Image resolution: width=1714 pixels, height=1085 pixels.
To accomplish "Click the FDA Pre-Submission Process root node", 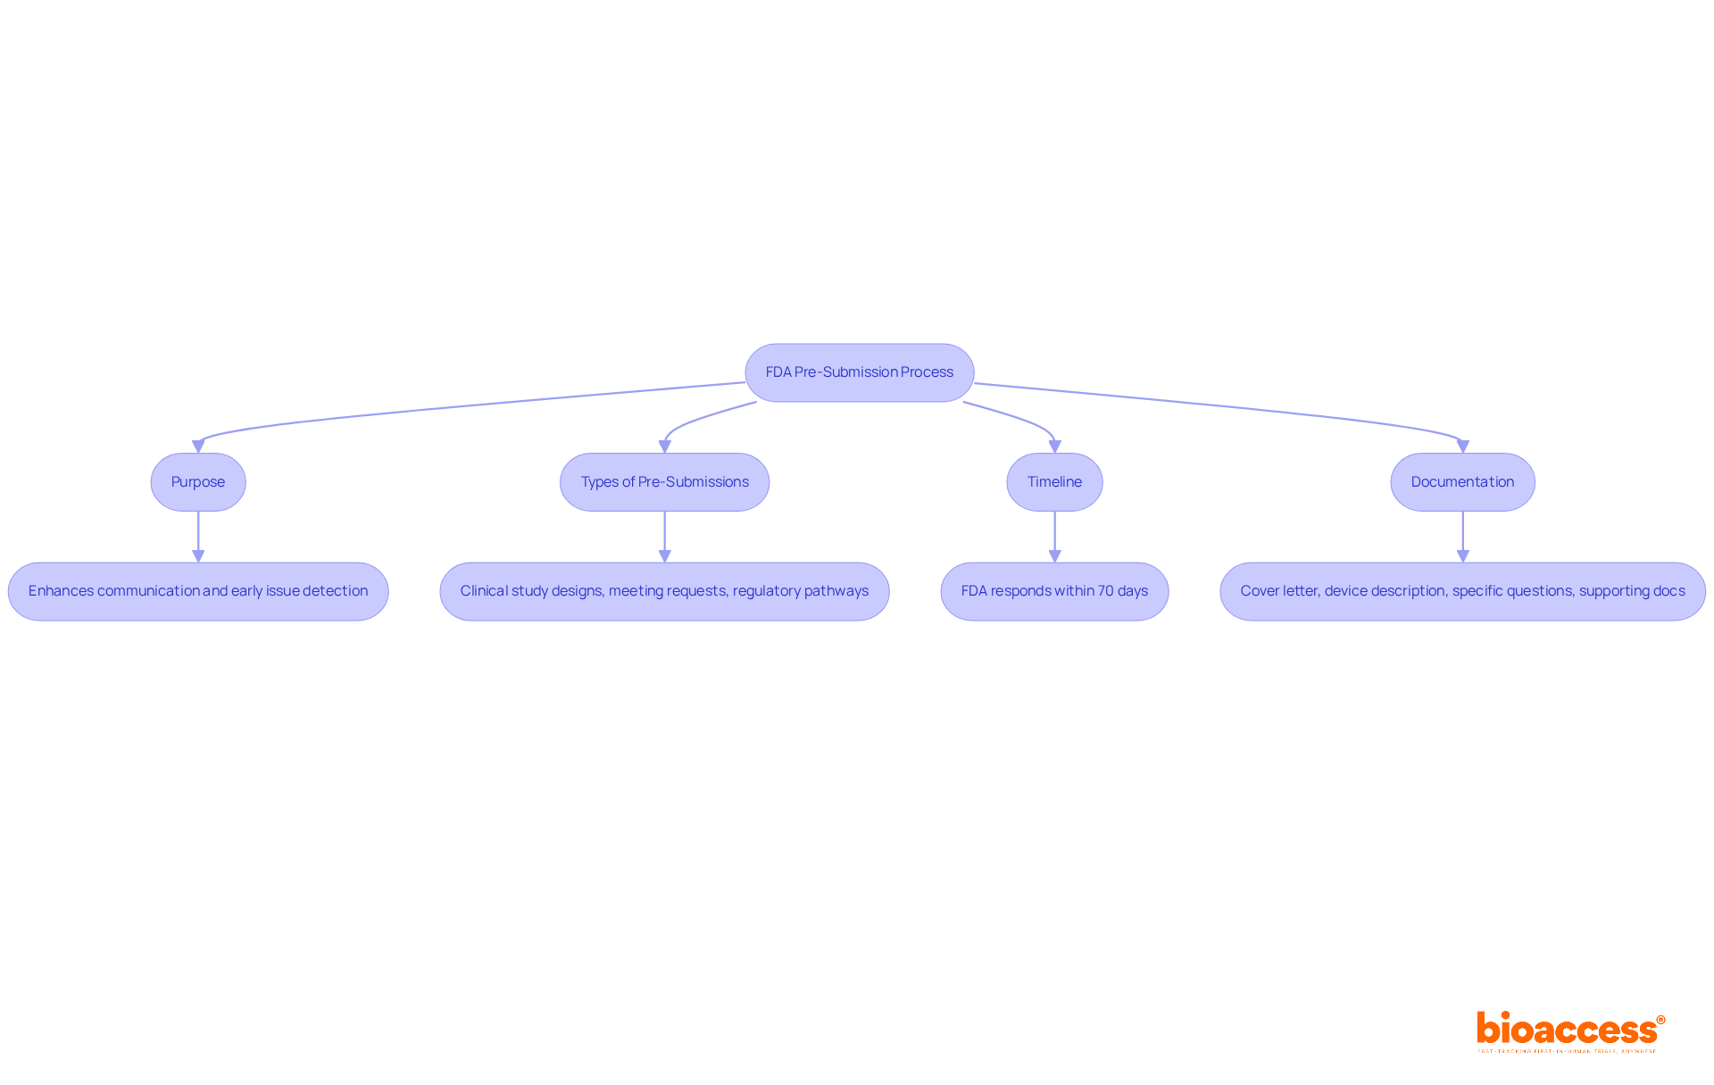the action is (859, 372).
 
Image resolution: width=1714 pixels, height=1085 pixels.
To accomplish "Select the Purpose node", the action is (198, 482).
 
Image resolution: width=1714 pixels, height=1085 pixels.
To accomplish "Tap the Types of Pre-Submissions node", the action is (664, 482).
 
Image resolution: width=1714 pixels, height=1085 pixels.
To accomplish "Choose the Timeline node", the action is (1054, 482).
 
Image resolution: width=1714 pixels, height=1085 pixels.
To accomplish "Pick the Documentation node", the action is (1462, 482).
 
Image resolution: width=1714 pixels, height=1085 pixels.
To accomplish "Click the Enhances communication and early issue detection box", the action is (198, 591).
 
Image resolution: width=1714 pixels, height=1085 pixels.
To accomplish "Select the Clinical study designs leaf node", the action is (664, 591).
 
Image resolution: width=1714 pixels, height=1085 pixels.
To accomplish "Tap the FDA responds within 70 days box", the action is (1054, 591).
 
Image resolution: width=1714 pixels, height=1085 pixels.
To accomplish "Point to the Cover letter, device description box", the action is (1462, 591).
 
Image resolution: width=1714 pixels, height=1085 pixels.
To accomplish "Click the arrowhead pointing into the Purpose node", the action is (198, 447).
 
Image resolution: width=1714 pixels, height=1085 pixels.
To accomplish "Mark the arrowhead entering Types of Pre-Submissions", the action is (664, 447).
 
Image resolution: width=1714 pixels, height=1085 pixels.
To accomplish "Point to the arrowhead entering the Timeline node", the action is (1054, 447).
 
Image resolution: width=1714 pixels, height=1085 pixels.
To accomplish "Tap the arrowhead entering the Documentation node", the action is (1462, 447).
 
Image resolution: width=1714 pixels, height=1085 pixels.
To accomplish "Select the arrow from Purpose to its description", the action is (198, 536).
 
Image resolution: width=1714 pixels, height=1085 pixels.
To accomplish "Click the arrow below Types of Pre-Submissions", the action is (664, 536).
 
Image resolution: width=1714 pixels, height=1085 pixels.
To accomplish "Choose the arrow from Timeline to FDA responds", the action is (1054, 536).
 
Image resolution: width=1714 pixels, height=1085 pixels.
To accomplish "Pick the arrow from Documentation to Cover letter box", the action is (1462, 536).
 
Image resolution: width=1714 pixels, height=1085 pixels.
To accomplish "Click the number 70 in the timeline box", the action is (1105, 591).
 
